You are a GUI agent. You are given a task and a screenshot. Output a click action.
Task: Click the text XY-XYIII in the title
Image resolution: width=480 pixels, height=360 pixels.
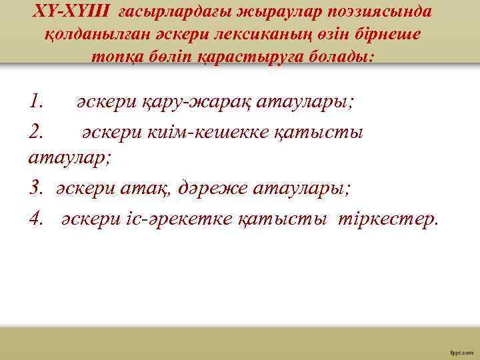(72, 13)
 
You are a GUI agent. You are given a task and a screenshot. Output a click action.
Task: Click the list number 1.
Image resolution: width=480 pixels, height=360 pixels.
(37, 103)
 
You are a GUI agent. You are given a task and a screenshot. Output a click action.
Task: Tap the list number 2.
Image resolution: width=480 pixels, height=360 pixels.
(37, 131)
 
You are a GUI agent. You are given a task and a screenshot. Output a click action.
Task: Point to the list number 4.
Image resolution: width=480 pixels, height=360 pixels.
(37, 218)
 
